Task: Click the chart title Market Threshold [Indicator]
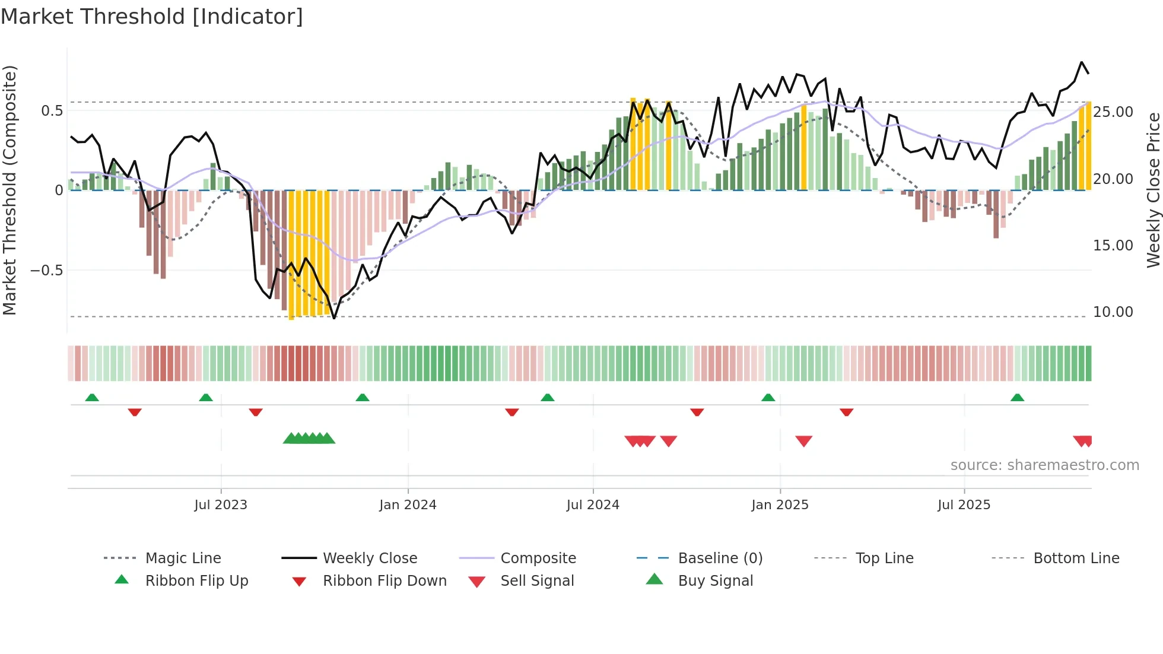[x=152, y=17]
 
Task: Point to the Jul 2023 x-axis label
[x=221, y=504]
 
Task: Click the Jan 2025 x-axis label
[x=780, y=504]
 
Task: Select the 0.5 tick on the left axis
[x=52, y=111]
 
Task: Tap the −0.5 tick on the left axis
[x=46, y=271]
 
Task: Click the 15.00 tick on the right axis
[x=1113, y=245]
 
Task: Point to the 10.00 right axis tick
[x=1113, y=312]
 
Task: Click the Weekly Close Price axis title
[x=1153, y=190]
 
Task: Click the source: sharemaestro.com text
[x=1044, y=465]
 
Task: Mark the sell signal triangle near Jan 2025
[x=803, y=440]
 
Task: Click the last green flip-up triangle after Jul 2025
[x=1017, y=397]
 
